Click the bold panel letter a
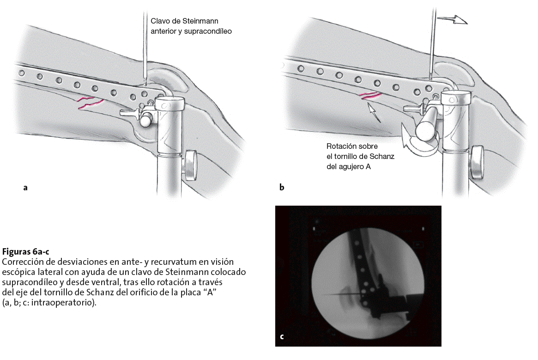point(25,188)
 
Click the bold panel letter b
point(282,188)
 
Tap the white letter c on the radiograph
point(282,337)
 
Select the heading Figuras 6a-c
point(25,252)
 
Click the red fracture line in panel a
point(90,103)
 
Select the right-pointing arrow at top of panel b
point(453,19)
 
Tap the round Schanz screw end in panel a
point(147,120)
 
